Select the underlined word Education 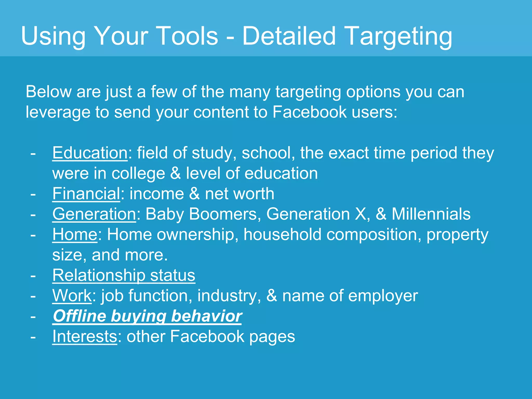[x=90, y=153]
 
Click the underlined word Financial [x=86, y=194]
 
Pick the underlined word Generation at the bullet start [x=94, y=214]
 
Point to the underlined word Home [x=75, y=235]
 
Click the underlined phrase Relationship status [x=124, y=275]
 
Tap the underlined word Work [x=72, y=296]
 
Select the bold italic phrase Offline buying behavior [x=147, y=316]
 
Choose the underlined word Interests [x=85, y=336]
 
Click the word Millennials [x=431, y=214]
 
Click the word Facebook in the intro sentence [x=309, y=112]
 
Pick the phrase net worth [x=239, y=194]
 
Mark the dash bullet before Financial [x=33, y=194]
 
